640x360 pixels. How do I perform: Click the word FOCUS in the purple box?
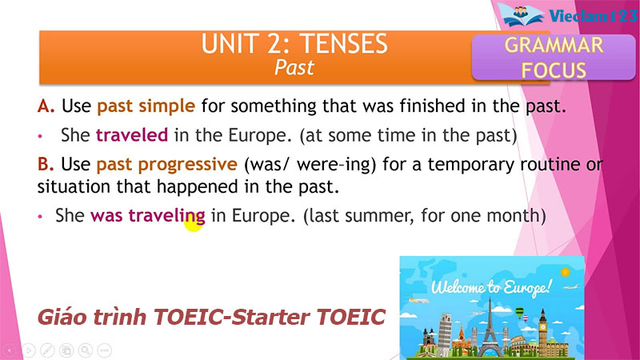tap(554, 70)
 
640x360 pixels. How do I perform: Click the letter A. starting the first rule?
tap(45, 106)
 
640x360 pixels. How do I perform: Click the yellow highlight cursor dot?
tap(193, 223)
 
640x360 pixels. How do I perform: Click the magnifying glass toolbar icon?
tap(84, 350)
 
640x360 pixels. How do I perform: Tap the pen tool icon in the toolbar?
tap(47, 350)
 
